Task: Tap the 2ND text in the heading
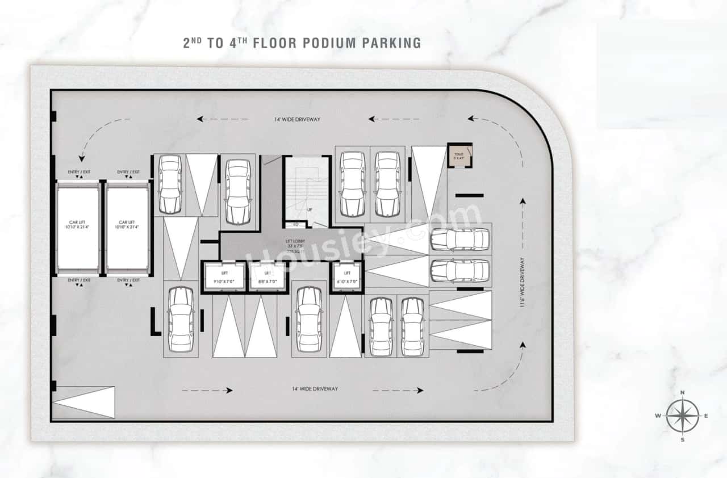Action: [x=194, y=43]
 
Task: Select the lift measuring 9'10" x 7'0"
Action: [x=224, y=277]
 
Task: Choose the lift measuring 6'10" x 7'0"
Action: [x=346, y=277]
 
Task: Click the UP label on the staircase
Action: [x=309, y=209]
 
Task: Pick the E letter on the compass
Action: [x=706, y=416]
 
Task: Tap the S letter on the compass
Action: [x=683, y=439]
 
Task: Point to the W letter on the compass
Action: [x=658, y=416]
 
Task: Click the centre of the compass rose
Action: [x=683, y=416]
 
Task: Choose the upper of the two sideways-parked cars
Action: [x=459, y=239]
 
